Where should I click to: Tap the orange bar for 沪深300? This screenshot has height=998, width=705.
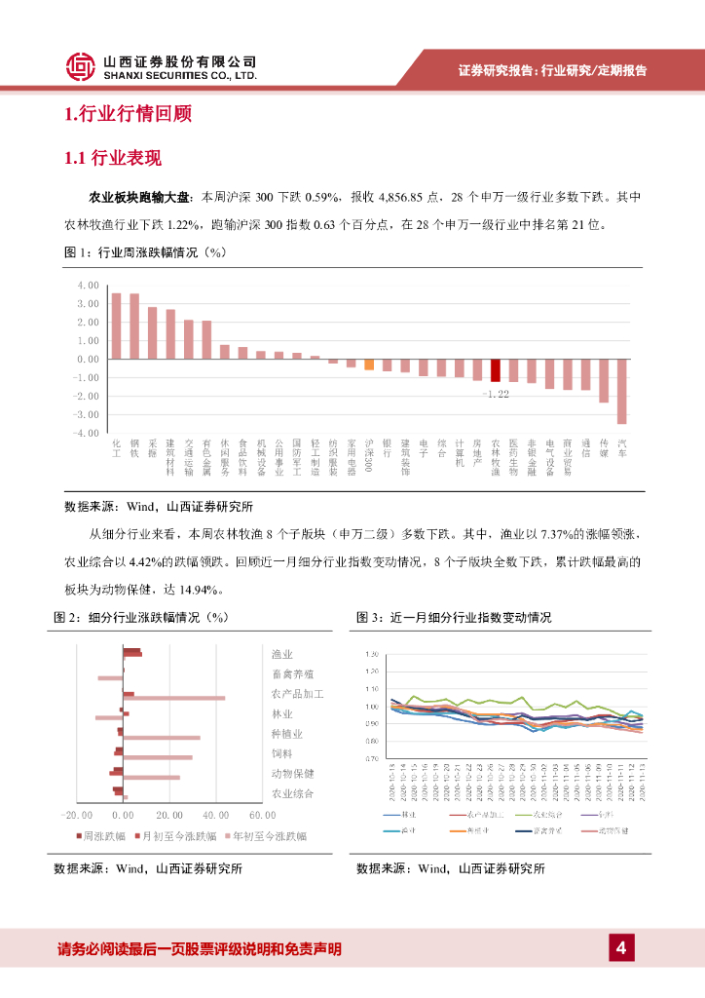tap(369, 364)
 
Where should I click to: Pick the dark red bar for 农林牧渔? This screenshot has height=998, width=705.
tap(495, 369)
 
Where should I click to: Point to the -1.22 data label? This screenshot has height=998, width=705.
tap(496, 394)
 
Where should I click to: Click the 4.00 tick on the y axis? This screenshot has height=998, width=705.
tap(88, 286)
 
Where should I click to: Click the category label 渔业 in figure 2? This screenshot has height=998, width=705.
tap(282, 654)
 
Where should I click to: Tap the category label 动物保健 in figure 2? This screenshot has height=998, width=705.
tap(292, 774)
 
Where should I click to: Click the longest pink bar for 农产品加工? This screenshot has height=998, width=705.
tap(174, 698)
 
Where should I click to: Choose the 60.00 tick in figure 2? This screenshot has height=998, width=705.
tap(263, 815)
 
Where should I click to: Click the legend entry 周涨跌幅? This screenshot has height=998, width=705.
tap(106, 836)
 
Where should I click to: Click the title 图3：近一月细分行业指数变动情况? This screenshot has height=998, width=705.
tap(454, 618)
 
